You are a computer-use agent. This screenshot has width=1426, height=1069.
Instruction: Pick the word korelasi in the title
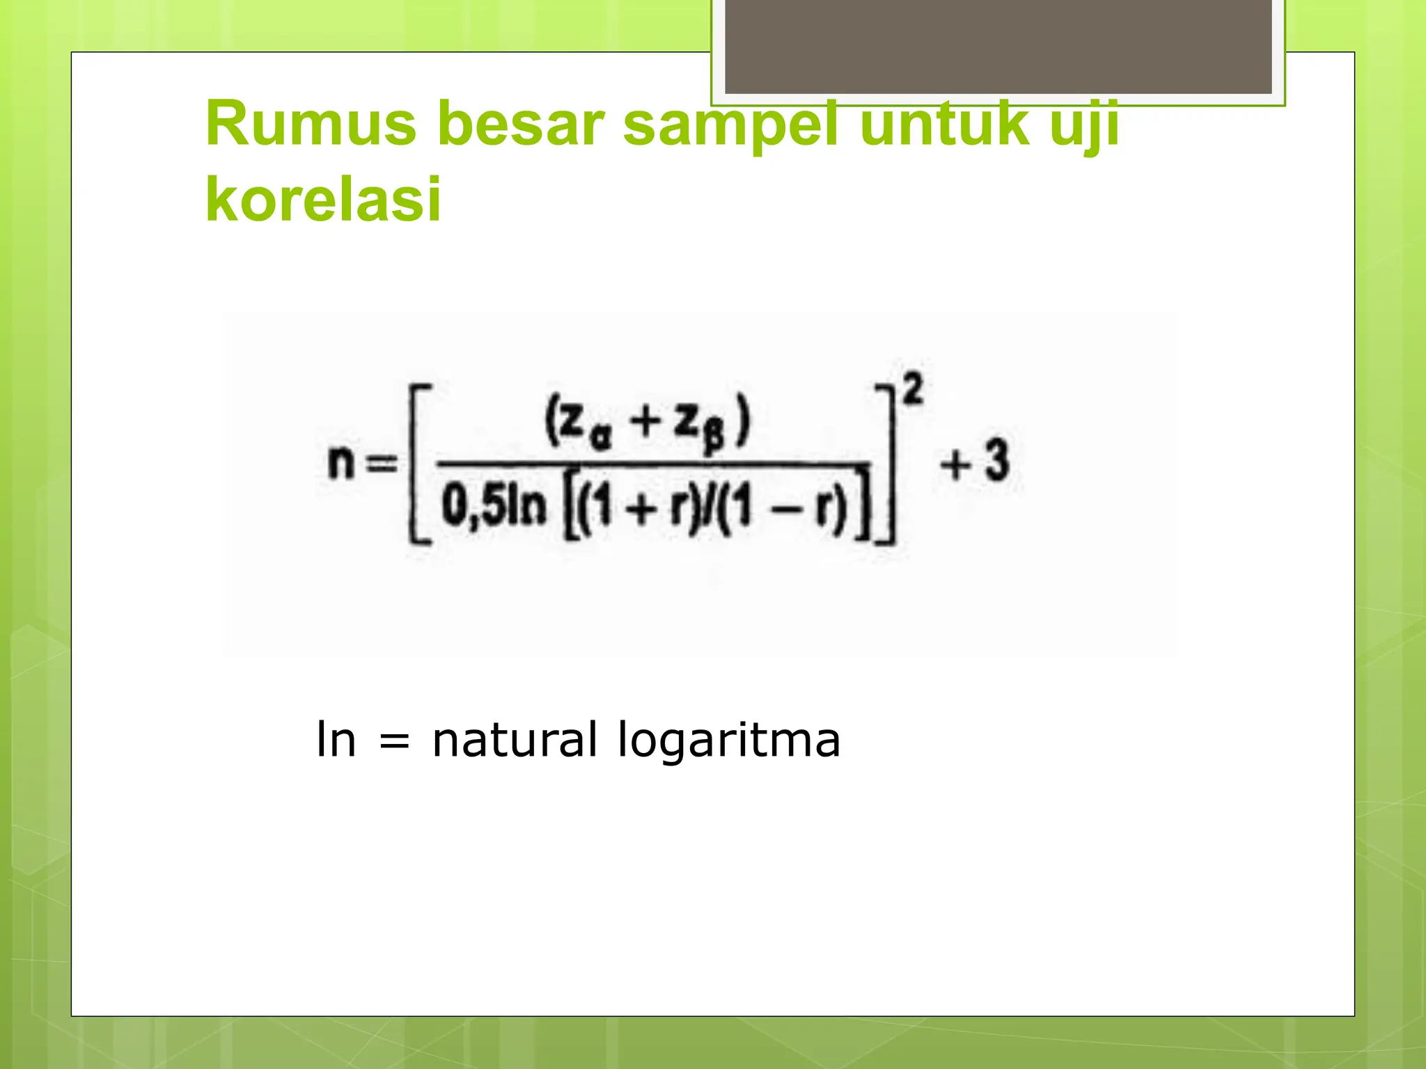(324, 199)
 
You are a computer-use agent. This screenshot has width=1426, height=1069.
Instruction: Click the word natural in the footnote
(514, 739)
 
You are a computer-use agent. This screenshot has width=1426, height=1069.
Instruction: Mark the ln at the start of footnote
(336, 739)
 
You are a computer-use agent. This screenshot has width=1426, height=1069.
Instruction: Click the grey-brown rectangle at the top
(998, 46)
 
